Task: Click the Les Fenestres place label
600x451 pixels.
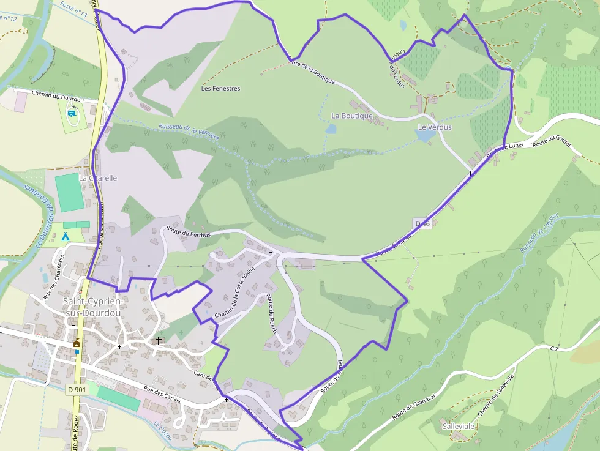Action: click(x=221, y=88)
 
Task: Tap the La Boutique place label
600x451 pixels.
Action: click(x=352, y=116)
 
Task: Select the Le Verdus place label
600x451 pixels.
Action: click(x=435, y=127)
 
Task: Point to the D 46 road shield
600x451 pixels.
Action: click(x=423, y=224)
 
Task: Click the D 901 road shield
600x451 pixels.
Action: click(x=77, y=389)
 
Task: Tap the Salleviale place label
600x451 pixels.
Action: click(x=458, y=425)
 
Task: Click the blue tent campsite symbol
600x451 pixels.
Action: click(x=65, y=236)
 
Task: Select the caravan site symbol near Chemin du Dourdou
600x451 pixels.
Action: click(x=73, y=113)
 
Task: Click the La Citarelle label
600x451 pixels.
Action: click(x=97, y=178)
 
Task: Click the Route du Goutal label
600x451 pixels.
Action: click(x=552, y=142)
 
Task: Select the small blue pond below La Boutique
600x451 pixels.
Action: click(x=331, y=129)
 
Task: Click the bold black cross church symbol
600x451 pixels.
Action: click(x=159, y=340)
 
